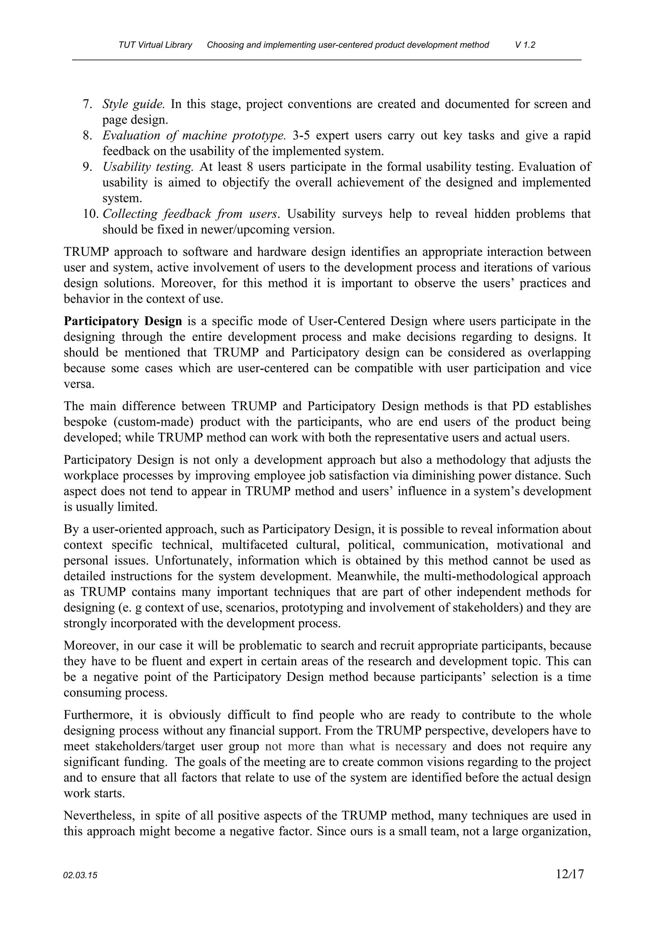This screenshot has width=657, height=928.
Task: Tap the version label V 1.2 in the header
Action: (x=525, y=45)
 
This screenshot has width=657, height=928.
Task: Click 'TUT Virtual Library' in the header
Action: (x=155, y=45)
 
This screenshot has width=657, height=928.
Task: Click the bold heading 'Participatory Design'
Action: (x=123, y=321)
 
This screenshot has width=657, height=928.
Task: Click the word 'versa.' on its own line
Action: (x=79, y=384)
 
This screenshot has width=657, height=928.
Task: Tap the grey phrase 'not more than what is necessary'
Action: (x=355, y=746)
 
